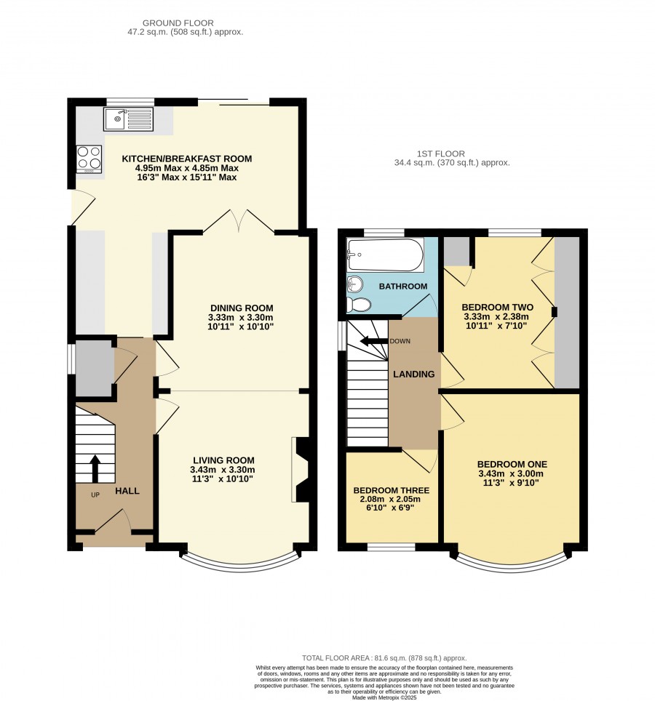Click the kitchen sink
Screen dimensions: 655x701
coord(128,119)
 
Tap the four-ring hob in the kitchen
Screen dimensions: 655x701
coord(89,159)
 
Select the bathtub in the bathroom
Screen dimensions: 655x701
coord(386,255)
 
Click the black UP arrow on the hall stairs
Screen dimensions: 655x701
coord(95,469)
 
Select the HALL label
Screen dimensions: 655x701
coord(127,491)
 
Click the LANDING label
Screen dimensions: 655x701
coord(414,374)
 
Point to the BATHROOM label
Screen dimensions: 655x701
coord(403,286)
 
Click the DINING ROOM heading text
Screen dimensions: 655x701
coord(242,308)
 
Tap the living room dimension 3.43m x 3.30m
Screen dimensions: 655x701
coord(223,470)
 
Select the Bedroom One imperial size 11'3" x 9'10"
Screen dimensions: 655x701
coord(511,483)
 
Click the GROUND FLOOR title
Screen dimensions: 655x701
coord(178,23)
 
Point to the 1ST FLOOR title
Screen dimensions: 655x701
coord(441,153)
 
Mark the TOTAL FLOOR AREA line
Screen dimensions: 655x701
coord(384,657)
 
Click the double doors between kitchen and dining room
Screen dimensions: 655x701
coord(239,221)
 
